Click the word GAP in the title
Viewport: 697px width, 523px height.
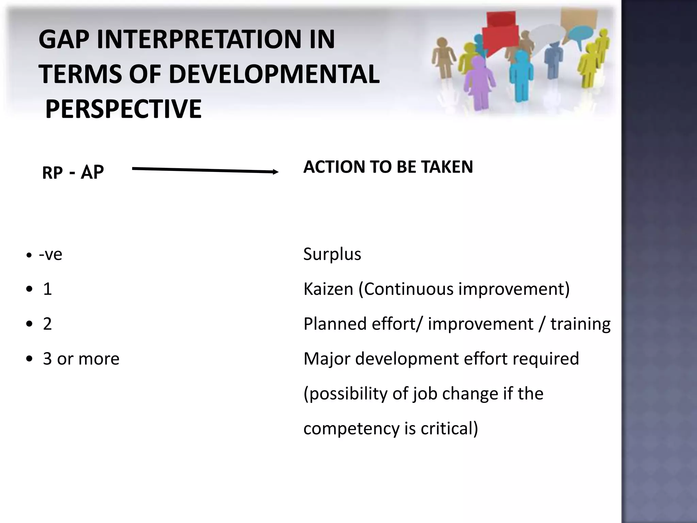(x=65, y=39)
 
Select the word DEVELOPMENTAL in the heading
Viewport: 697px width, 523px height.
(x=274, y=74)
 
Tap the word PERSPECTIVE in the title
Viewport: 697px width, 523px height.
(x=123, y=109)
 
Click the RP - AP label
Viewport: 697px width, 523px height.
(x=72, y=172)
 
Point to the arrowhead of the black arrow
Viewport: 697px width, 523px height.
(x=276, y=172)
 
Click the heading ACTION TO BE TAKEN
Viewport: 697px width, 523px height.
(x=388, y=167)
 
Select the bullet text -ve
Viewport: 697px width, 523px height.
(x=50, y=254)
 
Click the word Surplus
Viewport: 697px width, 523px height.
(x=332, y=254)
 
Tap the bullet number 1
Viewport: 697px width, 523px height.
(x=47, y=289)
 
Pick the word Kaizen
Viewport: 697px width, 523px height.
(x=328, y=289)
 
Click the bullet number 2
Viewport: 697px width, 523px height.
(x=47, y=324)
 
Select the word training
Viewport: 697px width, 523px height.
(x=581, y=324)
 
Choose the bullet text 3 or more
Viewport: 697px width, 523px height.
(x=81, y=359)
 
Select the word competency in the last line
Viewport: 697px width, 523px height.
(x=351, y=429)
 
